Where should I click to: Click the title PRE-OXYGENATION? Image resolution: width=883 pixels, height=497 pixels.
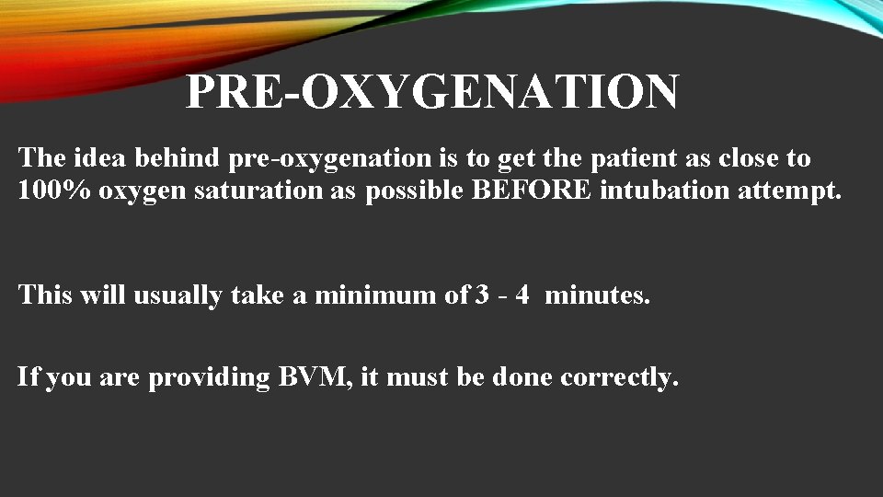(432, 93)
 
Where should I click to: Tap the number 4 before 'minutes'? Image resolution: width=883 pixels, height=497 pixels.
(522, 295)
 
